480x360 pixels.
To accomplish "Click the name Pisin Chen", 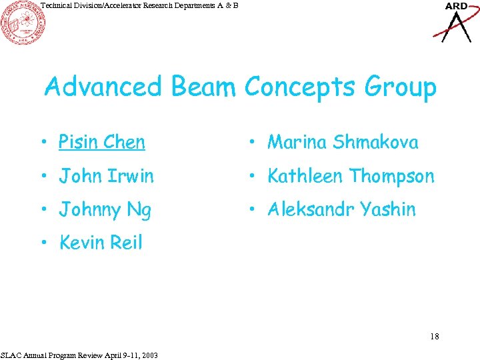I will point(101,142).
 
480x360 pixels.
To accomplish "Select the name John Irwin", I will point(106,176).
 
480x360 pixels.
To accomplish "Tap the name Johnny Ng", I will point(105,210).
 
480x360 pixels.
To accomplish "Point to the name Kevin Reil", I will point(101,243).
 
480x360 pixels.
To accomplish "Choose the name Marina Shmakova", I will point(343,142).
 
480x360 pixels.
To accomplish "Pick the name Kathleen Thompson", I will point(351,176).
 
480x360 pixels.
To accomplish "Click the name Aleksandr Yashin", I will point(341,209).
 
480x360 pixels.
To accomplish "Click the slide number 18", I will point(434,336).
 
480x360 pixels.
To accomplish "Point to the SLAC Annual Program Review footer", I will point(79,355).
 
